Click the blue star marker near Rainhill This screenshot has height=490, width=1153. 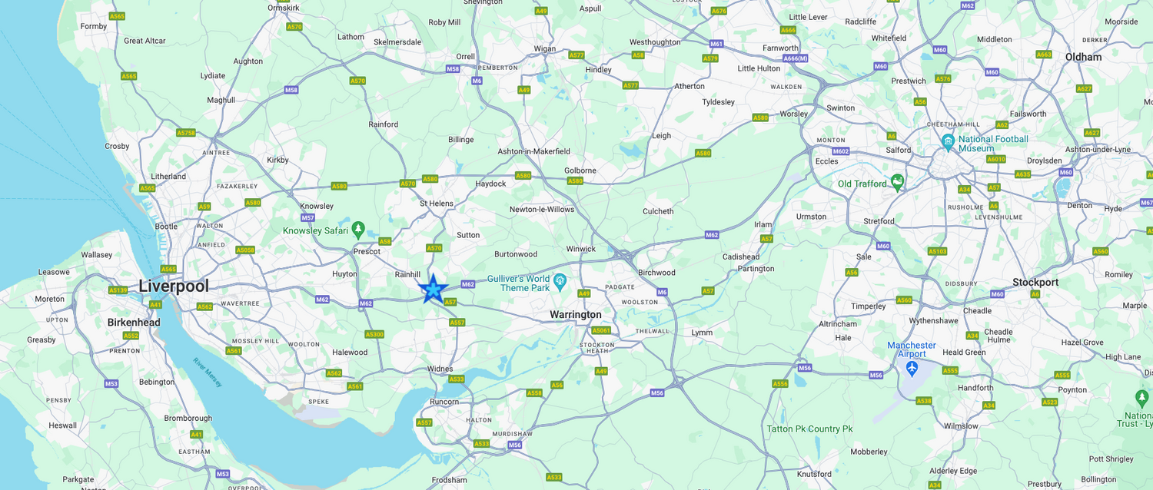point(433,289)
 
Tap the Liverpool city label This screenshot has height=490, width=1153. point(174,286)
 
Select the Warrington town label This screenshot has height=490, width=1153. point(576,315)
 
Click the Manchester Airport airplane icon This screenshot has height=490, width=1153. point(912,368)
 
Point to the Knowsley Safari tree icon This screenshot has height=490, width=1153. point(357,230)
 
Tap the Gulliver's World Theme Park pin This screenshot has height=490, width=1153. point(560,282)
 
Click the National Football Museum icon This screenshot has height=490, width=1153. point(949,142)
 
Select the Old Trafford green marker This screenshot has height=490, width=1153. point(896,182)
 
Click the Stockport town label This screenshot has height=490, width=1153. point(1035,282)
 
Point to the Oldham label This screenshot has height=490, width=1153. point(1083,57)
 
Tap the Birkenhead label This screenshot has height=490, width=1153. point(134,323)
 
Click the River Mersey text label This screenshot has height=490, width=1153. point(208,372)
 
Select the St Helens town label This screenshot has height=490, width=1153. point(436,204)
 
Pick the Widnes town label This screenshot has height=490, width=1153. point(440,369)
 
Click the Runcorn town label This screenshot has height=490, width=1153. point(444,402)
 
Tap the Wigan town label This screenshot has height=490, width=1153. point(544,48)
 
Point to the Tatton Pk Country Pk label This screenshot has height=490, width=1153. point(809,429)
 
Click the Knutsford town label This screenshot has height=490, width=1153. point(814,474)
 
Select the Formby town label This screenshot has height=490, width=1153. point(94,26)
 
